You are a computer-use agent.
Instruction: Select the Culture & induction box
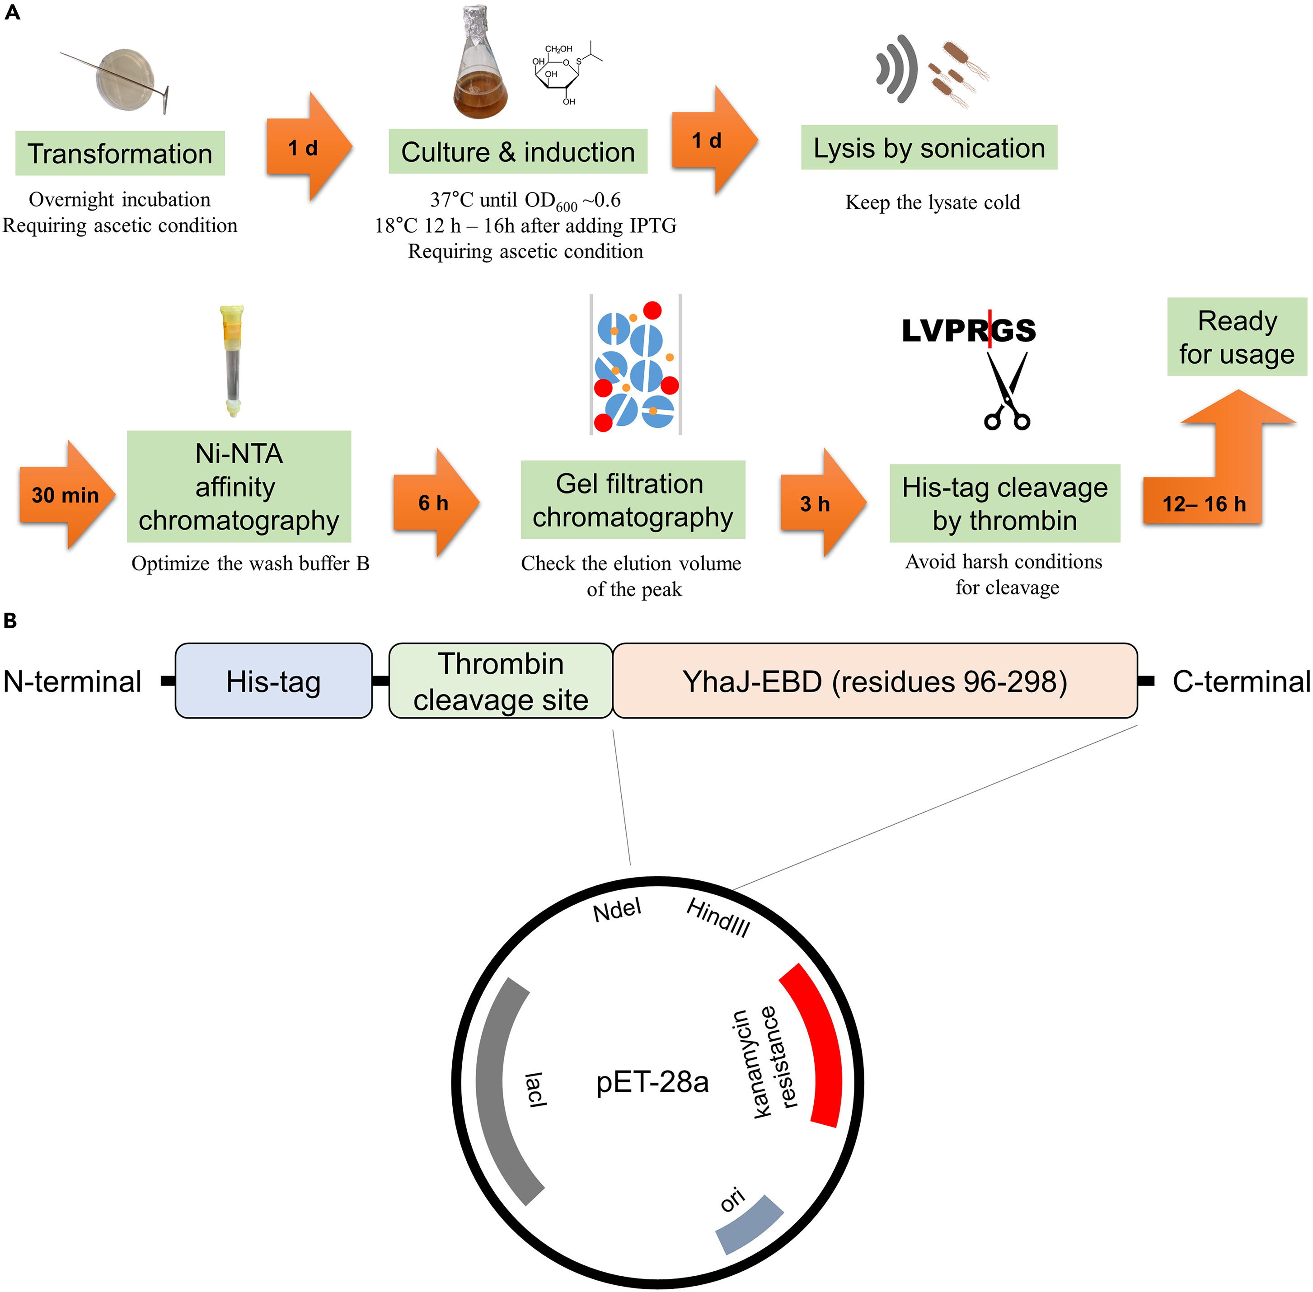tap(518, 152)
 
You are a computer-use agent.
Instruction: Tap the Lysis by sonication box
tap(929, 148)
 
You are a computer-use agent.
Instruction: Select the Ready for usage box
tap(1236, 337)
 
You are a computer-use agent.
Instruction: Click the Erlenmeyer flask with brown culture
tap(480, 68)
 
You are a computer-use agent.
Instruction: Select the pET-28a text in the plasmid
tap(652, 1082)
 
